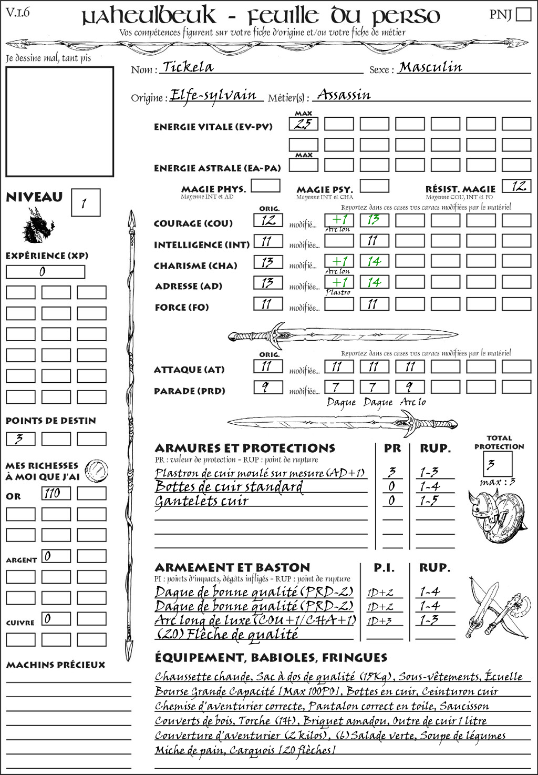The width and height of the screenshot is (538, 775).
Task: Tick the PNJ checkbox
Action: point(523,14)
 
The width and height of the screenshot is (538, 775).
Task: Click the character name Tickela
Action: point(188,67)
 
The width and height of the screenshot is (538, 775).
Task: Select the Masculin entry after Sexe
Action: point(430,67)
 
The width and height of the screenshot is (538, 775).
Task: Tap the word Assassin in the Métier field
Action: point(344,95)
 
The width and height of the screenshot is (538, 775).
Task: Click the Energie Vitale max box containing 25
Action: point(304,124)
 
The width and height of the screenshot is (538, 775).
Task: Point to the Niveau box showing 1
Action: point(85,203)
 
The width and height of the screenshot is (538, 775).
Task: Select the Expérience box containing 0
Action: point(45,272)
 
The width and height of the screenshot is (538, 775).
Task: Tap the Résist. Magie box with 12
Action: point(516,186)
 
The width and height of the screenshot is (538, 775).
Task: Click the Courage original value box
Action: point(268,220)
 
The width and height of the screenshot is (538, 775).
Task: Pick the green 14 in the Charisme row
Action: point(374,261)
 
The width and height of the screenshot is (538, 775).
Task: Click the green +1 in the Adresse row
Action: point(339,282)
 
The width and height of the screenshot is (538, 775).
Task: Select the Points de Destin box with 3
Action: point(20,439)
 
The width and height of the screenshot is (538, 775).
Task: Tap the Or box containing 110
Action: point(56,493)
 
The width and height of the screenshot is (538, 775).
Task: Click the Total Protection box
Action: point(498,463)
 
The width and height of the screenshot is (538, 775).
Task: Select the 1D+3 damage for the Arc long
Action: point(380,621)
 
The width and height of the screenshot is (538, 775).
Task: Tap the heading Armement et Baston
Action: point(232,567)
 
